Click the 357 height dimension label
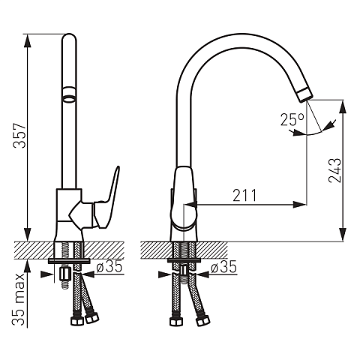click(x=20, y=136)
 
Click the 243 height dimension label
click(x=335, y=170)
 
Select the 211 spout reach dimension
click(x=244, y=195)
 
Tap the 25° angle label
click(x=292, y=119)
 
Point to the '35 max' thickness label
click(x=19, y=299)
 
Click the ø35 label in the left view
click(x=109, y=266)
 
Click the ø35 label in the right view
click(x=223, y=266)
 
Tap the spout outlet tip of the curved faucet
click(x=304, y=95)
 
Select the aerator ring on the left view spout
click(x=69, y=94)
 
